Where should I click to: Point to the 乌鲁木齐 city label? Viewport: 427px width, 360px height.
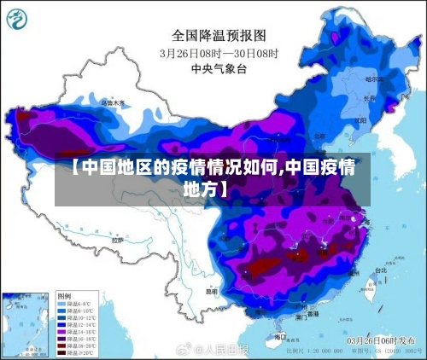113,102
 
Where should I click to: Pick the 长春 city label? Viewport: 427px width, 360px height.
370,98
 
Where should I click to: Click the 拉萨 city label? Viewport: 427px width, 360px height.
117,241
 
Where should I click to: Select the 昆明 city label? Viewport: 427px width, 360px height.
211,290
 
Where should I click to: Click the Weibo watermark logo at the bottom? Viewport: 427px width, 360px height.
182,350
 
